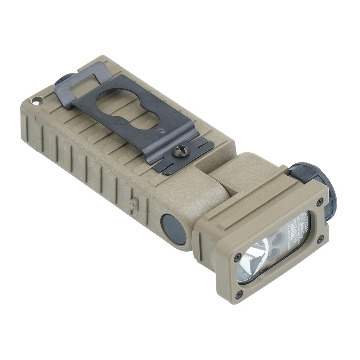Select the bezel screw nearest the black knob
pyautogui.click(x=319, y=203)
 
